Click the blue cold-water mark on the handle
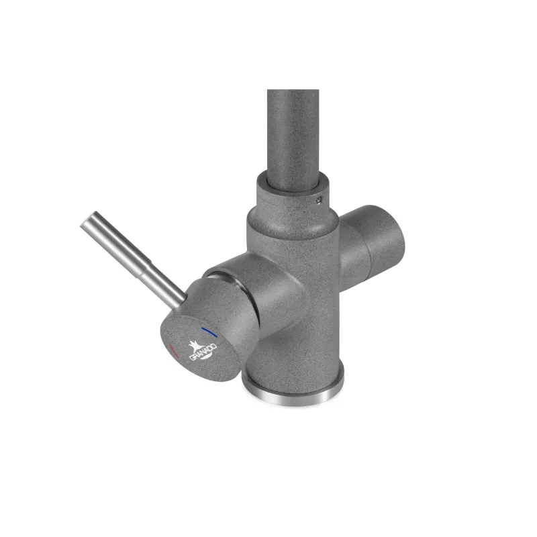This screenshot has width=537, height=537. tap(209, 332)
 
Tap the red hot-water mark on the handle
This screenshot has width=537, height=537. tap(175, 351)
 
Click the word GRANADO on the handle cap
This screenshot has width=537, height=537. tap(203, 352)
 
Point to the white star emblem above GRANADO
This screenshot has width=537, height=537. tap(197, 346)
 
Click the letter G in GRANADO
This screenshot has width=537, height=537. tap(192, 358)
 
